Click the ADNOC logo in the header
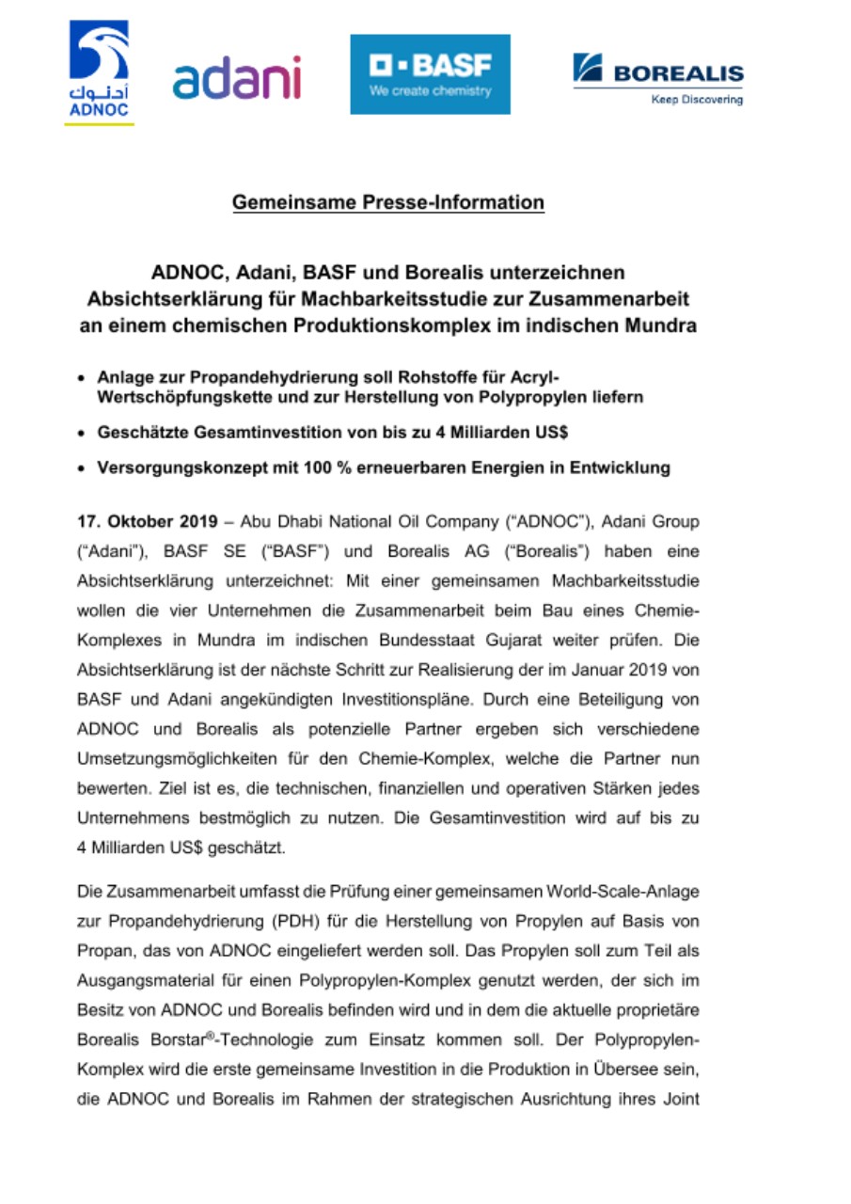[99, 72]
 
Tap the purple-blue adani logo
[236, 78]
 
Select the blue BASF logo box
[430, 74]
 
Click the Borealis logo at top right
[657, 71]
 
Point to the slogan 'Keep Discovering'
[697, 99]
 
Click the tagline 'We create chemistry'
[430, 91]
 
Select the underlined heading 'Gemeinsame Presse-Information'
[388, 202]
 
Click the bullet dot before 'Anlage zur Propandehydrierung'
[82, 377]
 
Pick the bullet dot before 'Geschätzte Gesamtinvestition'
[82, 433]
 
